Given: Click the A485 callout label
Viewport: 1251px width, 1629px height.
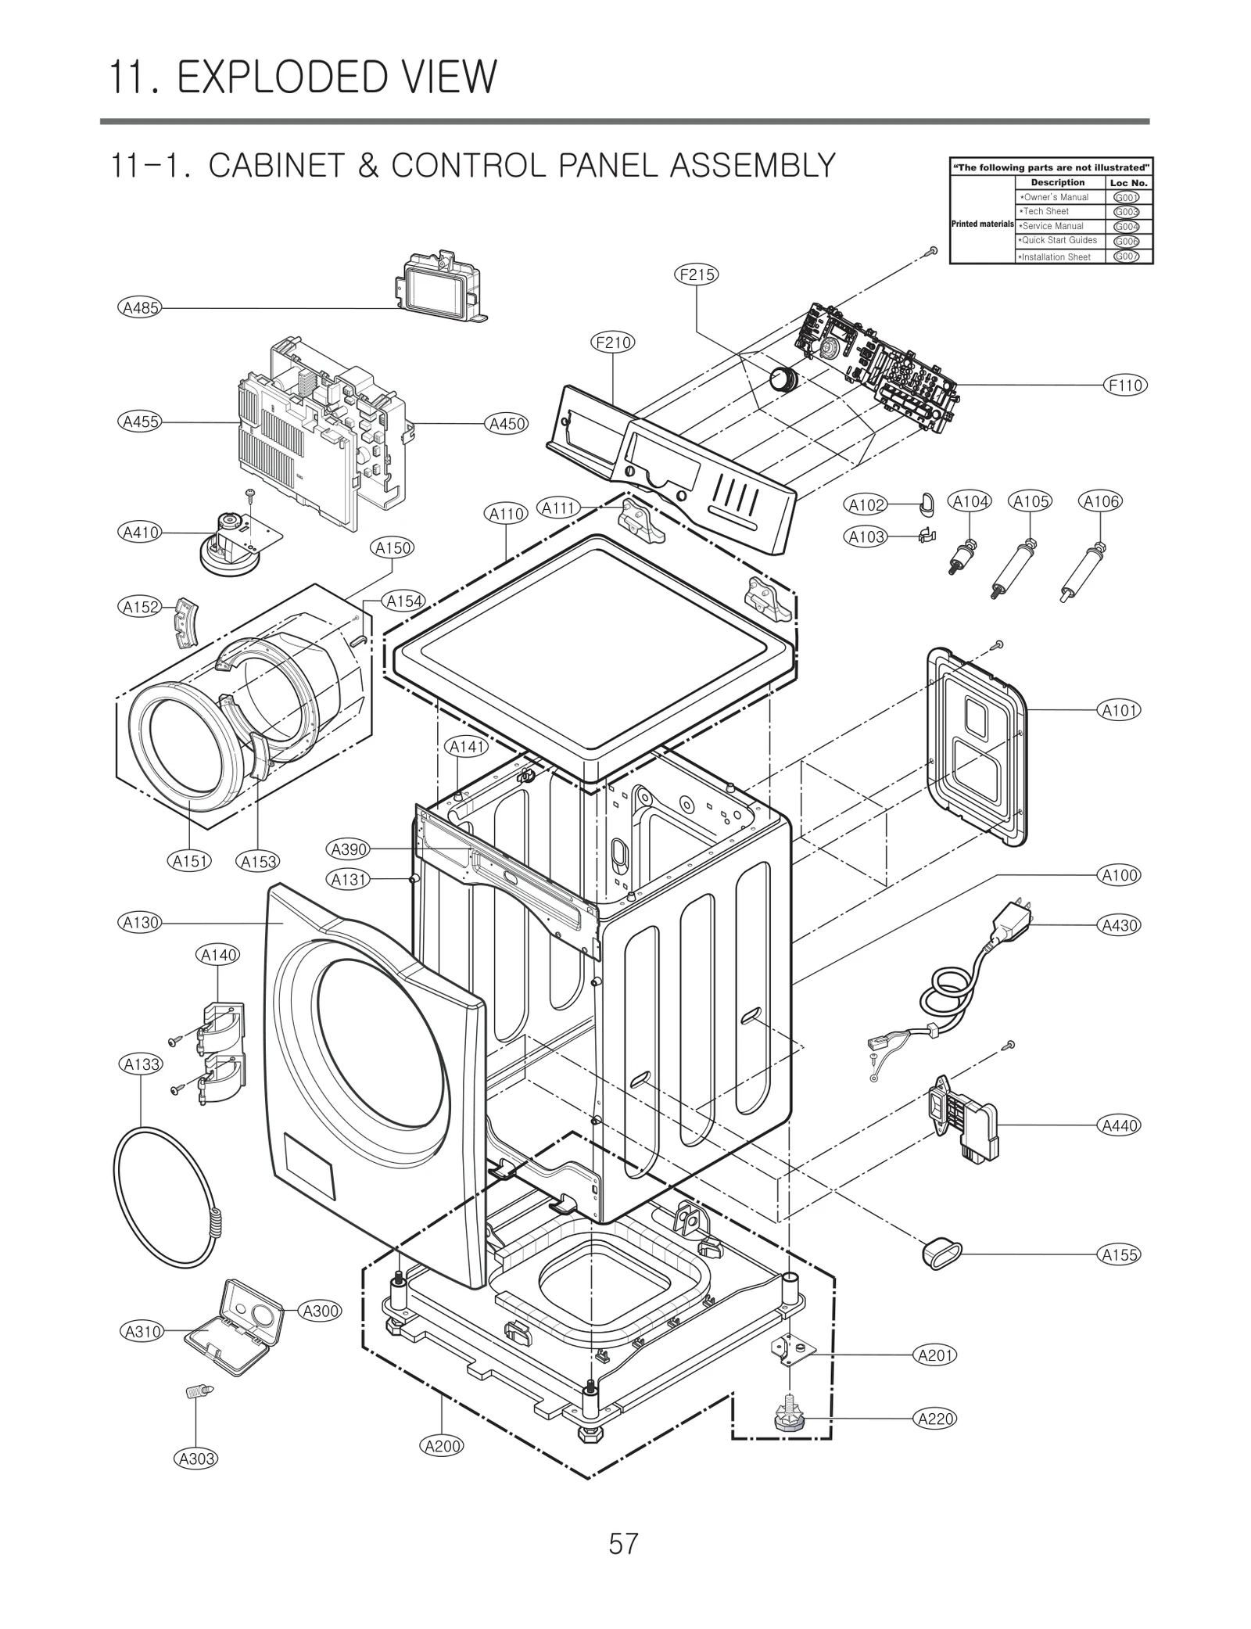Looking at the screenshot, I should pos(141,307).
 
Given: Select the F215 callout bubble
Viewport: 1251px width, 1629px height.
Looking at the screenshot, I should pos(696,274).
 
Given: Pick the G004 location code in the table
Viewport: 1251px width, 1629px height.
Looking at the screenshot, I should pos(1126,227).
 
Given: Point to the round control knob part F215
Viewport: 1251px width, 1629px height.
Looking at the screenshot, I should pos(781,379).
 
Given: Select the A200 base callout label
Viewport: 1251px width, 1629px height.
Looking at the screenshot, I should pos(443,1446).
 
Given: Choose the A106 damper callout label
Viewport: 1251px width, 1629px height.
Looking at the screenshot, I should pos(1101,501).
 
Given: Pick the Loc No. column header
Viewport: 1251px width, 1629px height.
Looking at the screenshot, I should pos(1128,183).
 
